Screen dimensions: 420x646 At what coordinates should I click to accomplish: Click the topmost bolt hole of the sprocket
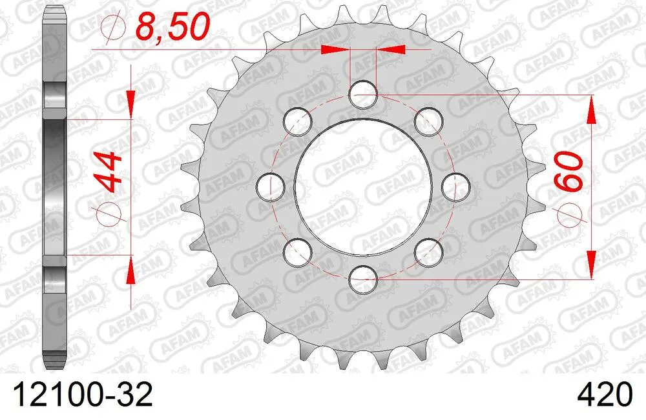(x=363, y=95)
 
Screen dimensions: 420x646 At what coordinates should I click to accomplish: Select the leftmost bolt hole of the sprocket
(x=271, y=187)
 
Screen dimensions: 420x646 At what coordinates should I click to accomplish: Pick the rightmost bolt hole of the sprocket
(x=455, y=187)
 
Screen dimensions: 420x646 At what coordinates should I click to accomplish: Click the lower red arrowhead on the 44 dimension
(x=131, y=271)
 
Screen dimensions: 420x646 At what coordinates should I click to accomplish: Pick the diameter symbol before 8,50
(x=112, y=27)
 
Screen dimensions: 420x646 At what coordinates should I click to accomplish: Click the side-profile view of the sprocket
(x=56, y=187)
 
